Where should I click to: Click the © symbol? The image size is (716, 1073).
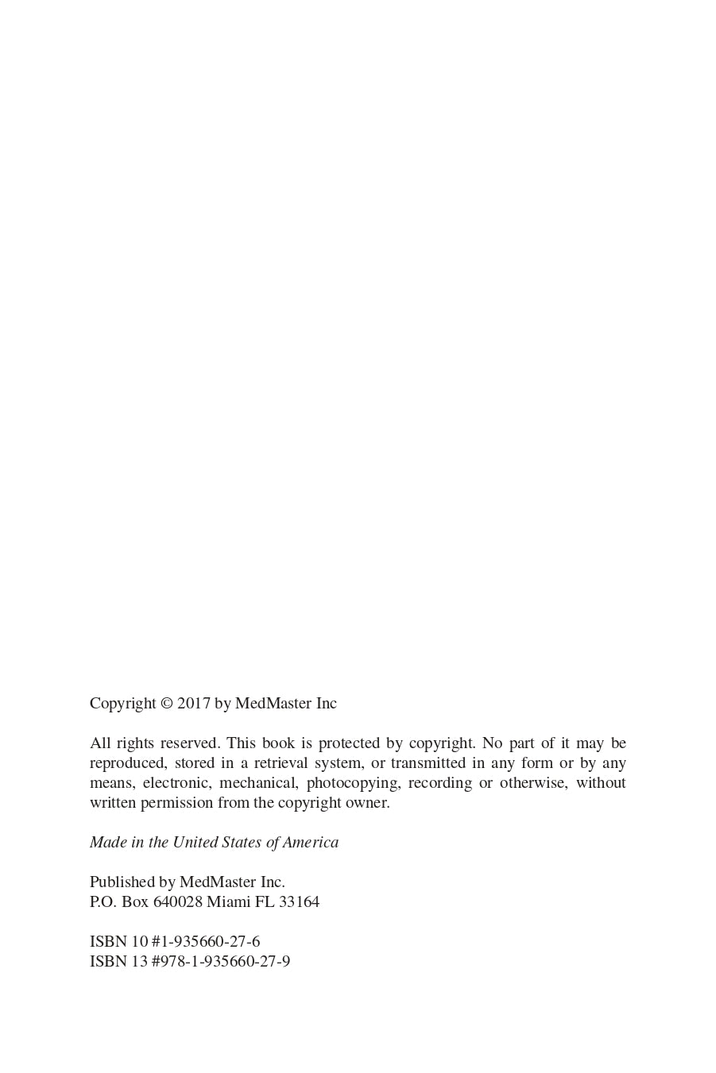coord(167,704)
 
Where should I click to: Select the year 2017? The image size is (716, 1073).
coord(193,704)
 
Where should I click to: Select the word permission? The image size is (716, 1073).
coord(176,803)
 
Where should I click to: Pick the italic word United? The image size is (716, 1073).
coord(195,843)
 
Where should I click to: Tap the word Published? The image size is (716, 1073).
coord(122,882)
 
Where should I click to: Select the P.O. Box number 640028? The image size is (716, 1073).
coord(177,902)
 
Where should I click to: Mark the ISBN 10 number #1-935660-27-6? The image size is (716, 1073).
coord(206,942)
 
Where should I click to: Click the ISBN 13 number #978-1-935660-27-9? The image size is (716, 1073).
coord(221,962)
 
